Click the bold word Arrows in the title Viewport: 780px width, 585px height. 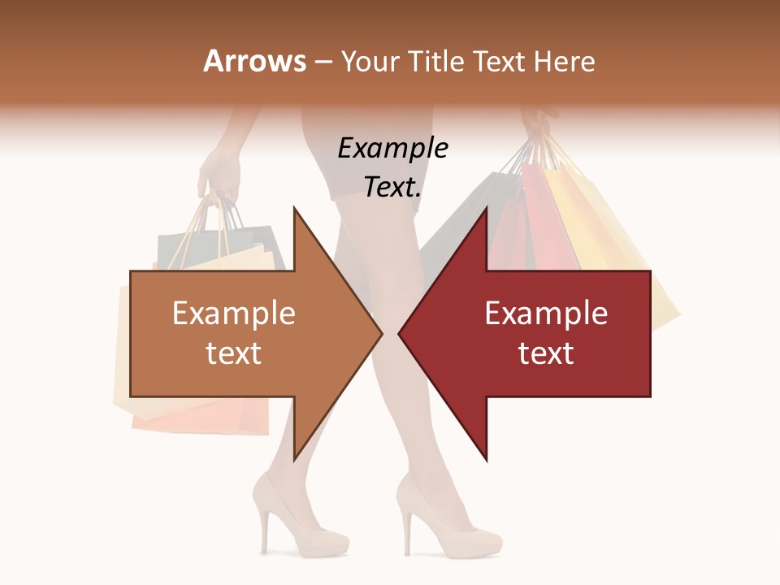pos(255,61)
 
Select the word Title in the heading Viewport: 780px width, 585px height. pos(440,61)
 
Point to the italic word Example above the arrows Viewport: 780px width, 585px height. pos(392,149)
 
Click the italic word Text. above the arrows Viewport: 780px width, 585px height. pos(392,187)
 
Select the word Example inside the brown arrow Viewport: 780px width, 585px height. pos(234,314)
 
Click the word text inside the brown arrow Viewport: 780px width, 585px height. pos(234,353)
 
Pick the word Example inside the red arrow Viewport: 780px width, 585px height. pos(546,314)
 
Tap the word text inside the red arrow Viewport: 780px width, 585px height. pos(546,353)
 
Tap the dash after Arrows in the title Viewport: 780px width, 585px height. pos(322,62)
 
